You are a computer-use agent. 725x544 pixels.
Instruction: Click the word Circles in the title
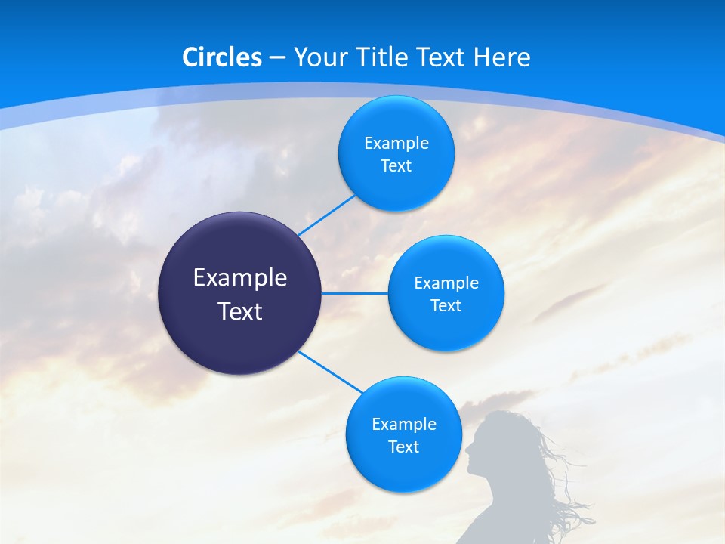click(x=222, y=57)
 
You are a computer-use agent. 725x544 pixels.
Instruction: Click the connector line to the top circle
click(x=326, y=215)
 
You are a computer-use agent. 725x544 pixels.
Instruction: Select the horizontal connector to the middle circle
click(x=355, y=293)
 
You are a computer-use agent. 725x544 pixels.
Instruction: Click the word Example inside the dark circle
click(x=240, y=278)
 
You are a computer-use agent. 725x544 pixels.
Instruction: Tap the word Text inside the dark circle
click(x=240, y=311)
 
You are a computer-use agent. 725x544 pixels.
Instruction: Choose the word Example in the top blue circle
click(x=396, y=144)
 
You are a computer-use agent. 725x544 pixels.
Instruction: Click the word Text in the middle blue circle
click(x=446, y=306)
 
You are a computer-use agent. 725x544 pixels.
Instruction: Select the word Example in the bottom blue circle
click(x=403, y=425)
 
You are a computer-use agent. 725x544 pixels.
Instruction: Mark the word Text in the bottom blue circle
click(x=403, y=447)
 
